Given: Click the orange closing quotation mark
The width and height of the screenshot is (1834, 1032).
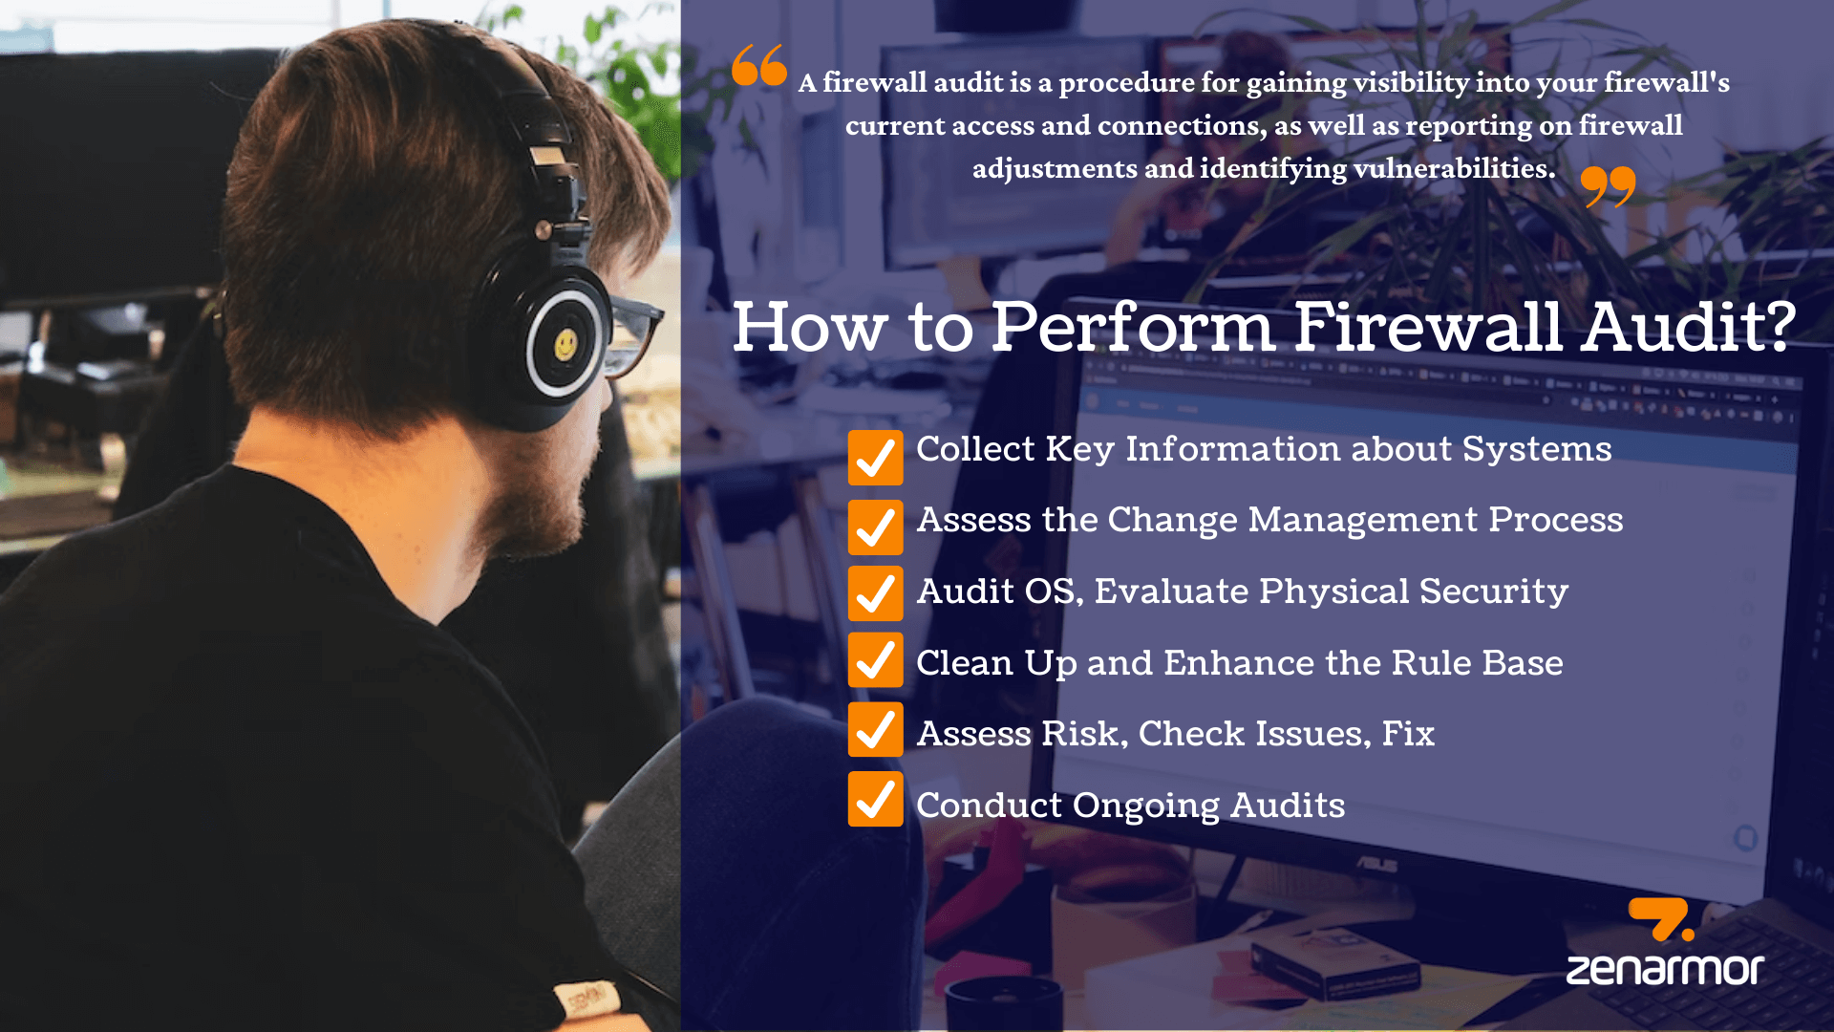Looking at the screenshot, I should click(x=1608, y=185).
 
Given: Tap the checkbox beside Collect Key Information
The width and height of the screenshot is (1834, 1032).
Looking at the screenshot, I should click(x=875, y=457).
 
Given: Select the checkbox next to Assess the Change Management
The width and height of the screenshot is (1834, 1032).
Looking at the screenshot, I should click(x=875, y=527).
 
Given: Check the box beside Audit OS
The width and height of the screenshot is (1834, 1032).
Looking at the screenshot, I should click(x=875, y=593).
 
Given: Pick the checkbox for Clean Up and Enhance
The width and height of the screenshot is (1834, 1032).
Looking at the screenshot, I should click(x=875, y=659).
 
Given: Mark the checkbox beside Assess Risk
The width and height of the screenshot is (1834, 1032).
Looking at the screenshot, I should click(x=875, y=730).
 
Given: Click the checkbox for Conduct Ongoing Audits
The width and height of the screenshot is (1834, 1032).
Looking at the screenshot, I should click(x=875, y=800).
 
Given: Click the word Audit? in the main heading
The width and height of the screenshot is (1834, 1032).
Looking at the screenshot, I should click(x=1688, y=327).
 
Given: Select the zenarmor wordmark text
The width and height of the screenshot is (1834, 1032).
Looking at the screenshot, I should click(x=1664, y=969).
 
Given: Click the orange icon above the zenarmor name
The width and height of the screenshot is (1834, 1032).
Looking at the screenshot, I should click(x=1660, y=918).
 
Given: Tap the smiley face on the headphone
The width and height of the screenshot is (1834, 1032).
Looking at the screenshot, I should click(x=565, y=344).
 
